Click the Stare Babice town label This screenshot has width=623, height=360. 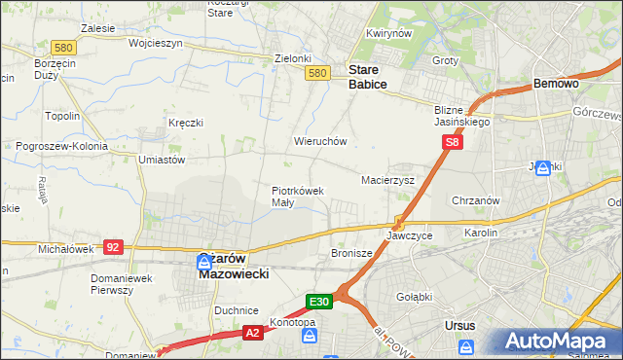coord(368,77)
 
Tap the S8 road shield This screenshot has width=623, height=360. coord(452,143)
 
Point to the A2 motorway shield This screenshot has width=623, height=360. coord(252,332)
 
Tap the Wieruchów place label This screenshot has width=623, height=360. coord(320,141)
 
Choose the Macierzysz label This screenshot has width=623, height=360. coord(387,180)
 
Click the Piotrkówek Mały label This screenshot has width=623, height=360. coord(297,197)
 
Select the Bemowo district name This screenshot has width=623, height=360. coord(557,85)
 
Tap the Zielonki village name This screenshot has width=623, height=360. coord(292,58)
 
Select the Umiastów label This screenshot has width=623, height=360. coord(162,160)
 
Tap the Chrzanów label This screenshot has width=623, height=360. coord(476,200)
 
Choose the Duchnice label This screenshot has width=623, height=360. coord(236,309)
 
